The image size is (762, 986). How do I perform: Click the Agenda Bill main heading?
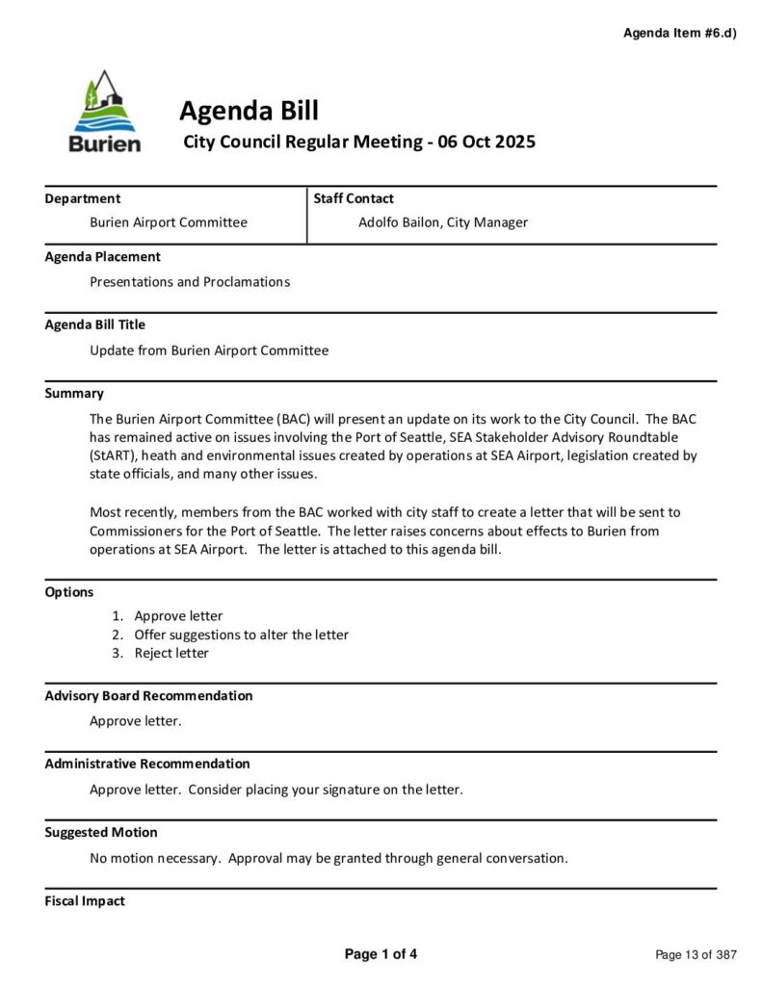point(249,111)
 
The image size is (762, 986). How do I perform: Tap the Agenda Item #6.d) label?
point(679,33)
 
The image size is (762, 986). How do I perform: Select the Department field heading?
point(83,198)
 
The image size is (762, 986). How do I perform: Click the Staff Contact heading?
point(354,198)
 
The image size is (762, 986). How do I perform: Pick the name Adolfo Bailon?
point(398,222)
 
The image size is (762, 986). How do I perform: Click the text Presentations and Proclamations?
point(190,282)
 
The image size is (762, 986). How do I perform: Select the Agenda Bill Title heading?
point(95,324)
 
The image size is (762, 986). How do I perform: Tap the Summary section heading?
point(74,393)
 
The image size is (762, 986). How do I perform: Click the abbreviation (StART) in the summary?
point(115,454)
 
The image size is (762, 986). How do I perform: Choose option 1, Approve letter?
point(178,616)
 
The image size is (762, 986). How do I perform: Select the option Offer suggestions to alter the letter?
point(241,635)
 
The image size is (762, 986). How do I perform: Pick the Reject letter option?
point(171,653)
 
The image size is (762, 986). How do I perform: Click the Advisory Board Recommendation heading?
point(148,695)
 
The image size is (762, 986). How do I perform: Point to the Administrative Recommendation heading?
point(147,764)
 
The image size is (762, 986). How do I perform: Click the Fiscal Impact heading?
point(85,900)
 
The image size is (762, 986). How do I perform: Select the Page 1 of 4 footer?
point(381,954)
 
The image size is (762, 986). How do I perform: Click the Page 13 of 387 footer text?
point(696,955)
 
